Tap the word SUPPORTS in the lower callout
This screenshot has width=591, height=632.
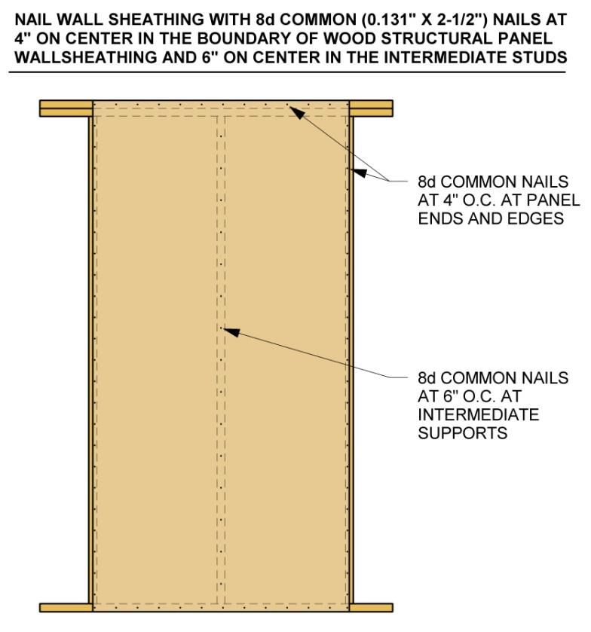[462, 433]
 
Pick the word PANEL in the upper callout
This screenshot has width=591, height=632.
[552, 200]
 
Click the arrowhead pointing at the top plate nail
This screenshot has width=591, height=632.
[296, 111]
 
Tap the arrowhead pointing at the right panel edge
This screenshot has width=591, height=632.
[359, 173]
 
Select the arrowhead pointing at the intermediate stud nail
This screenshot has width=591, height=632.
[232, 332]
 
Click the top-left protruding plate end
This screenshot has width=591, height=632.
[66, 108]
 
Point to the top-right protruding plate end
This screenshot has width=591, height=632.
[371, 108]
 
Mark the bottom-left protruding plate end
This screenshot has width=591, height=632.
[66, 607]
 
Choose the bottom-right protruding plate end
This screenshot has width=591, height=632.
[371, 607]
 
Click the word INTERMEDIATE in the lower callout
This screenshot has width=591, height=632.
[479, 415]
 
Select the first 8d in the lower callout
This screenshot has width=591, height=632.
[427, 378]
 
